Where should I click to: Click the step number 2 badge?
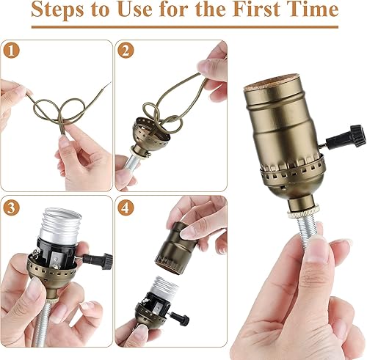pyautogui.click(x=126, y=52)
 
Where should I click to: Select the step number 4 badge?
pyautogui.click(x=126, y=207)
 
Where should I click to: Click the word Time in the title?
pyautogui.click(x=311, y=10)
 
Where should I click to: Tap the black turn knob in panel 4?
pyautogui.click(x=181, y=320)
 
